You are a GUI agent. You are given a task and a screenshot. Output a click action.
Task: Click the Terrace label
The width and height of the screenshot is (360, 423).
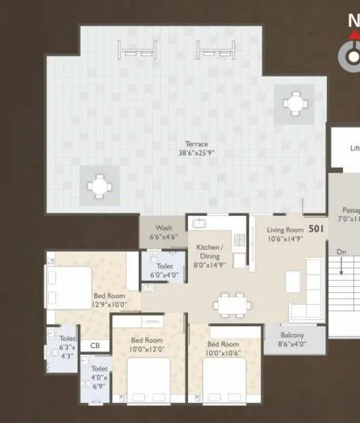click(x=197, y=143)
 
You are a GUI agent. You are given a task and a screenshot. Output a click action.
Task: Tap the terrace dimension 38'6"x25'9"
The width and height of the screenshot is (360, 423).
click(x=197, y=152)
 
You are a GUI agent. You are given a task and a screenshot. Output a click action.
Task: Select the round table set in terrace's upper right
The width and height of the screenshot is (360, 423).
click(x=294, y=104)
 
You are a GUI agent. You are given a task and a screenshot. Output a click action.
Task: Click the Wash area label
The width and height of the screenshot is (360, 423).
click(x=163, y=228)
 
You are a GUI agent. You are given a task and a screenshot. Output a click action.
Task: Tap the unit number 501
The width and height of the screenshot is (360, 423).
click(x=316, y=229)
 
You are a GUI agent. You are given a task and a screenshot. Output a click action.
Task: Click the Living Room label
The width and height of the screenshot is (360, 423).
click(x=284, y=230)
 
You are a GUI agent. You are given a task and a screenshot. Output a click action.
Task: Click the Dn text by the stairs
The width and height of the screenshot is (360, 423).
click(x=342, y=252)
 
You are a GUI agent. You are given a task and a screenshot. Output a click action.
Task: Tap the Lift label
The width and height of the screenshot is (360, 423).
click(x=354, y=149)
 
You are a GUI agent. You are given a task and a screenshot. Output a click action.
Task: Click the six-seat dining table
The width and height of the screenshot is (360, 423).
click(x=232, y=305)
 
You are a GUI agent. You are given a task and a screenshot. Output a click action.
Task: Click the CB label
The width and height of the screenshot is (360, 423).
click(x=95, y=345)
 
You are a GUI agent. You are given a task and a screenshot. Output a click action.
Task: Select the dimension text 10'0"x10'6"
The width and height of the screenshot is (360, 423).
click(x=223, y=353)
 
